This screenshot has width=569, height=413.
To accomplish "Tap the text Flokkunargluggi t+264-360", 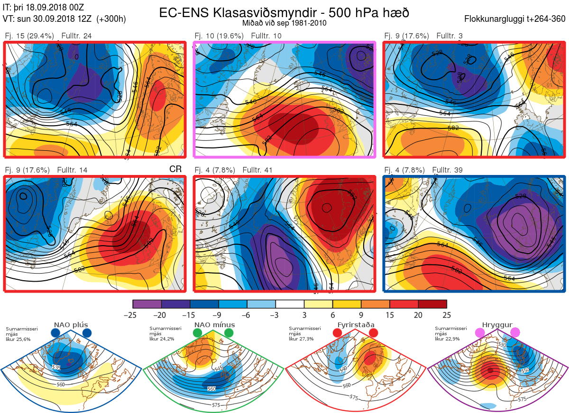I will coord(516,19).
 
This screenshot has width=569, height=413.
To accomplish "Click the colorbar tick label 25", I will coord(446,315).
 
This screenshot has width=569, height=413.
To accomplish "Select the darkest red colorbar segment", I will coord(432,304).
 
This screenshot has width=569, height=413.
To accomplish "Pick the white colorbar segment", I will coord(290,304).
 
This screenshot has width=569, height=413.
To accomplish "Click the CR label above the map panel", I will coord(175,169).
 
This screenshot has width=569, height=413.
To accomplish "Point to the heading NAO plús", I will coord(71,325).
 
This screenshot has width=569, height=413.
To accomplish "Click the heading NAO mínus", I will coord(214,325).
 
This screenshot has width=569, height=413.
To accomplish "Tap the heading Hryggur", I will coord(497,325).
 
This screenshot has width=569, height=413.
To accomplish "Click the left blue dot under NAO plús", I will coord(55,333).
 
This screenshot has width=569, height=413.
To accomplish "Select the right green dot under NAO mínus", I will coord(229,333).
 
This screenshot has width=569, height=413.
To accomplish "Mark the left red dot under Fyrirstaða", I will coord(338,333).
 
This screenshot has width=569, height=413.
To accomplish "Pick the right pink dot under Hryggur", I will coord(515,333).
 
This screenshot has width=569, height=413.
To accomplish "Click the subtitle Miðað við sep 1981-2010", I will coord(284,23).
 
